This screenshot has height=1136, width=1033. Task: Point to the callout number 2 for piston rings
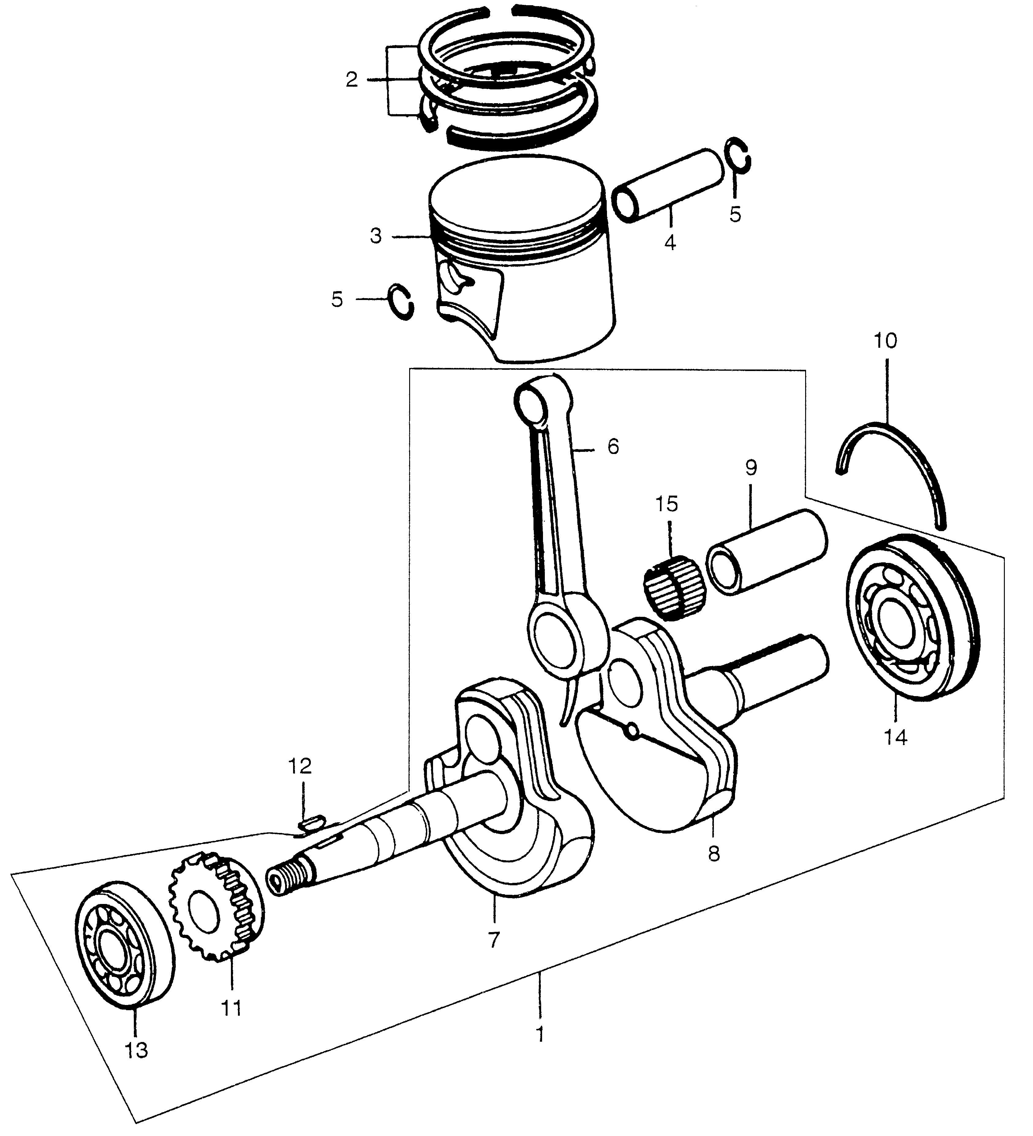tap(352, 80)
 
